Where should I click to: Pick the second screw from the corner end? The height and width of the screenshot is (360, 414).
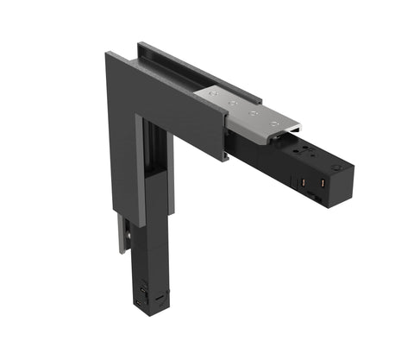coord(233,100)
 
